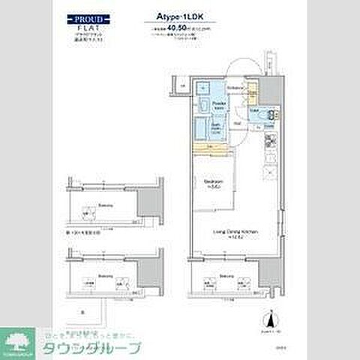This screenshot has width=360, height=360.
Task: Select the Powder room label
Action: point(218,104)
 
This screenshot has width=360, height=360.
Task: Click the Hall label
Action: point(235,123)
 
